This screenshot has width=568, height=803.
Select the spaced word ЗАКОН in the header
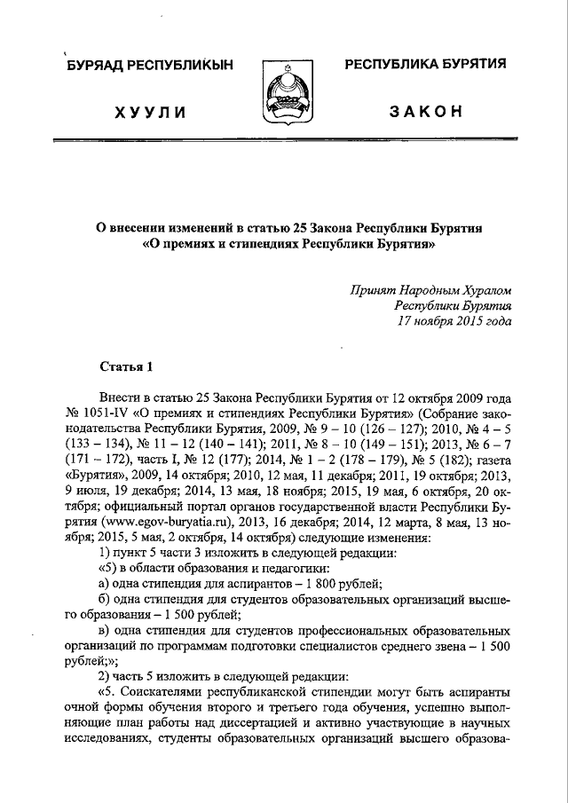(425, 111)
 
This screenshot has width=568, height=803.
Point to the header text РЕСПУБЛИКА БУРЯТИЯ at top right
(425, 64)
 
